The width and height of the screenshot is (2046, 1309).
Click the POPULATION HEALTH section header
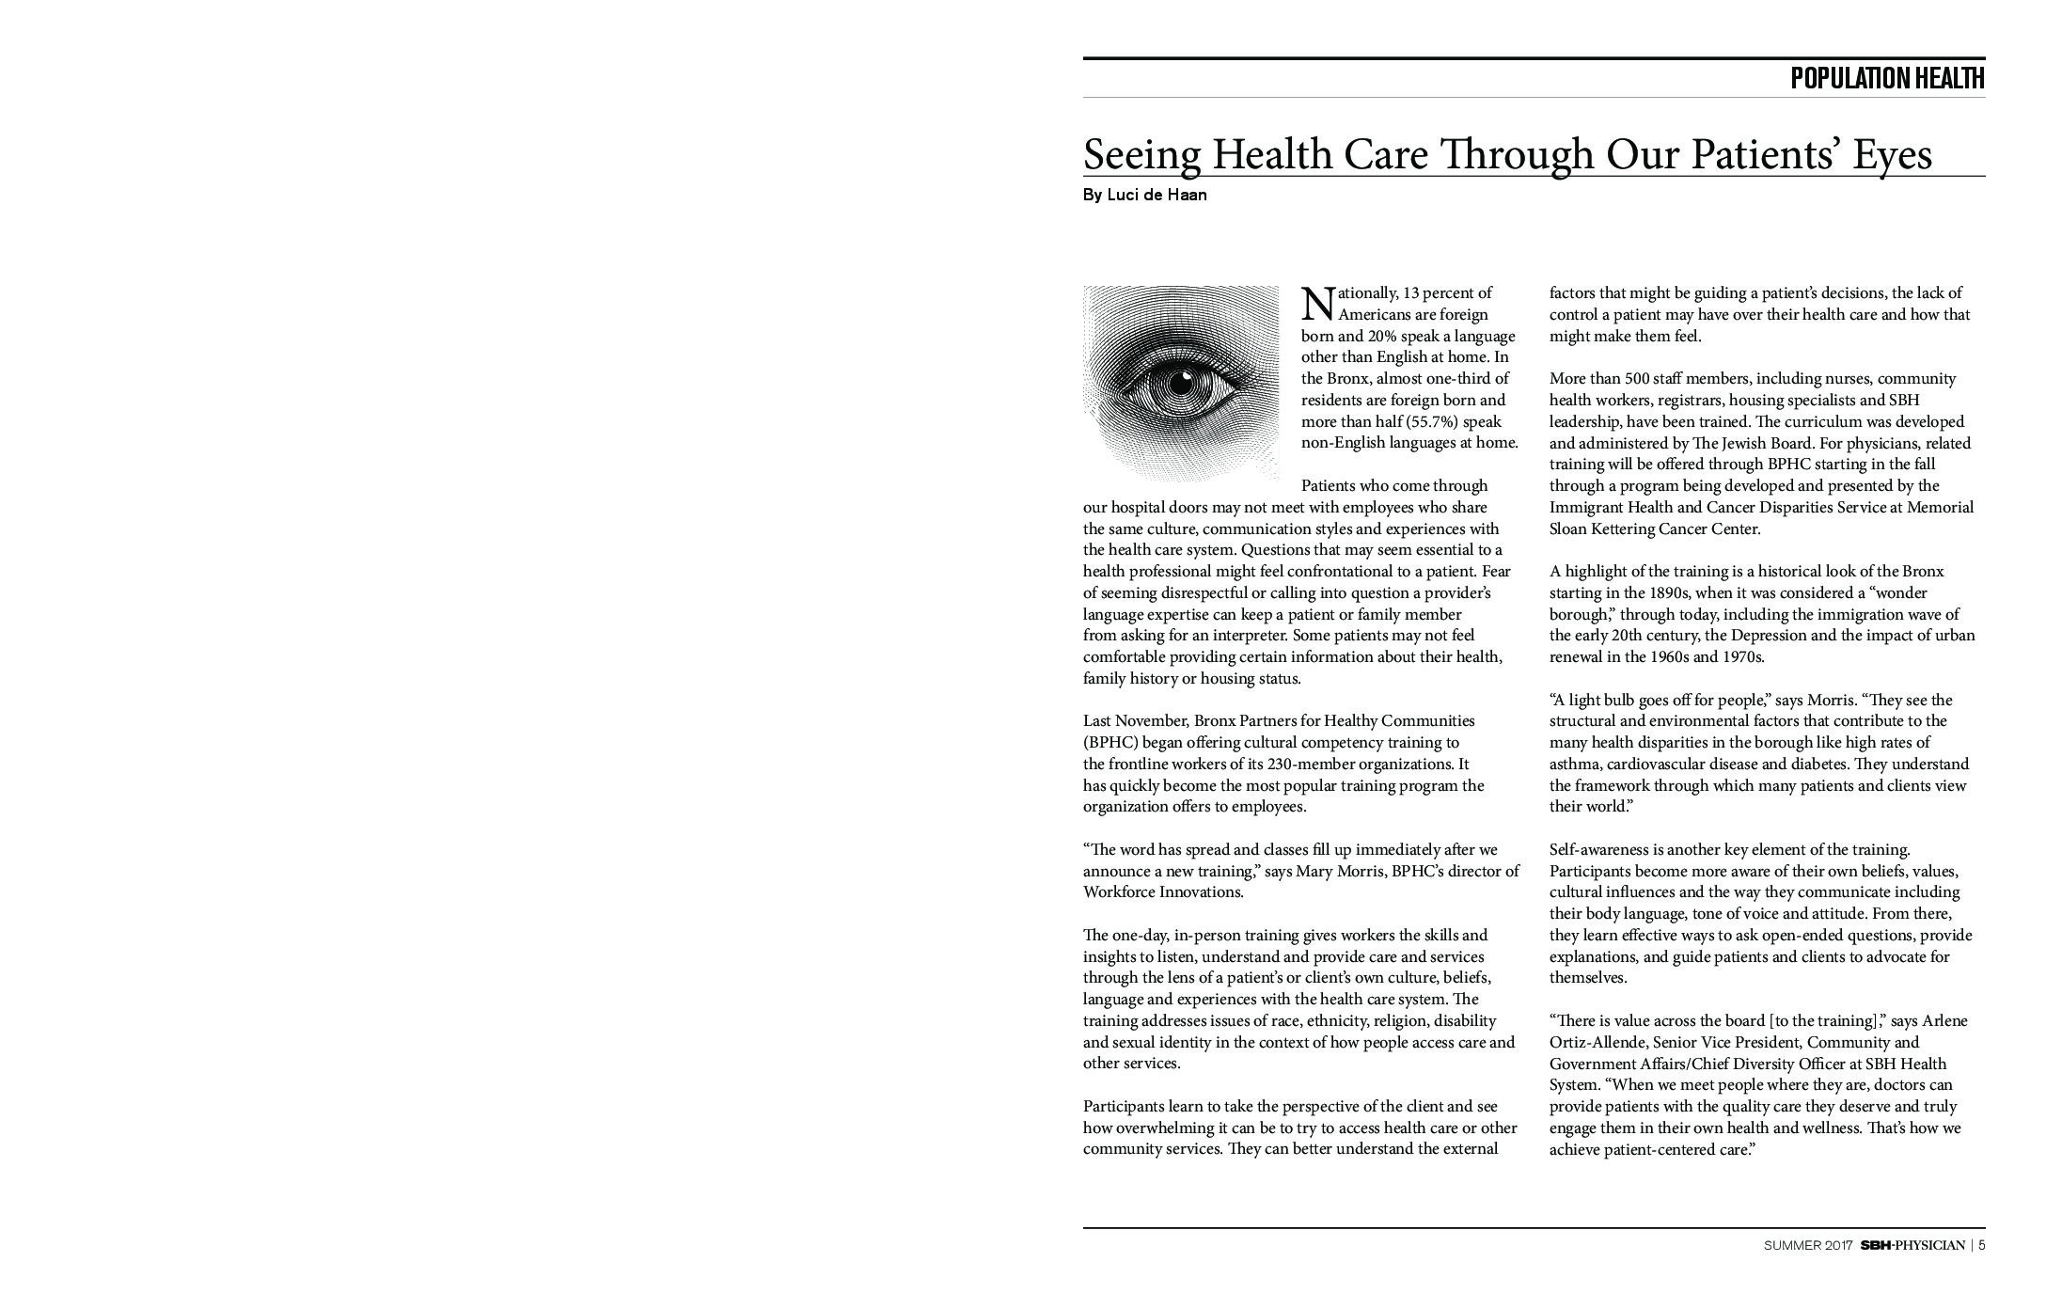(1886, 78)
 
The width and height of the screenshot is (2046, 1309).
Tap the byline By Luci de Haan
(1144, 196)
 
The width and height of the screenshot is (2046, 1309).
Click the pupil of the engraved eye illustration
(1180, 384)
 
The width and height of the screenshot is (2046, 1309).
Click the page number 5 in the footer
(1981, 1245)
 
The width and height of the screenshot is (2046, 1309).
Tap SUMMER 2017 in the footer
(1807, 1245)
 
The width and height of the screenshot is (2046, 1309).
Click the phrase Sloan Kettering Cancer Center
(1654, 528)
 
